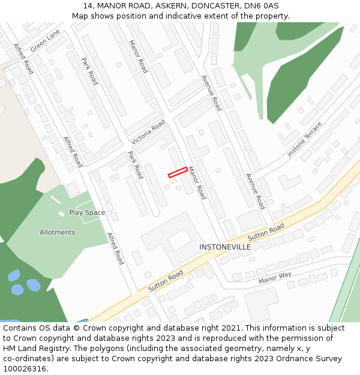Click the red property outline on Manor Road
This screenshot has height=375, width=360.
[x=177, y=172]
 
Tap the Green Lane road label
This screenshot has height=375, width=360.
[x=46, y=40]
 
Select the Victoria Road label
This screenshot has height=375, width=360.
[x=148, y=132]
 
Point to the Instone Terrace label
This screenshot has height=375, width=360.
[x=304, y=139]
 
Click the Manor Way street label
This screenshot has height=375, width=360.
[x=275, y=278]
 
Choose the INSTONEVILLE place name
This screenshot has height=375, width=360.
[x=225, y=247]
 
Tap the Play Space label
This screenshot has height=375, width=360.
[x=87, y=212]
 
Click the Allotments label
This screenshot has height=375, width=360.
[x=58, y=232]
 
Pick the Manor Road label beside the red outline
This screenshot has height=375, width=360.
[x=197, y=183]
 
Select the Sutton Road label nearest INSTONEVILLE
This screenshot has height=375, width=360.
[x=266, y=232]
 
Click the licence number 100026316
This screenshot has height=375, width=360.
[x=25, y=369]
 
